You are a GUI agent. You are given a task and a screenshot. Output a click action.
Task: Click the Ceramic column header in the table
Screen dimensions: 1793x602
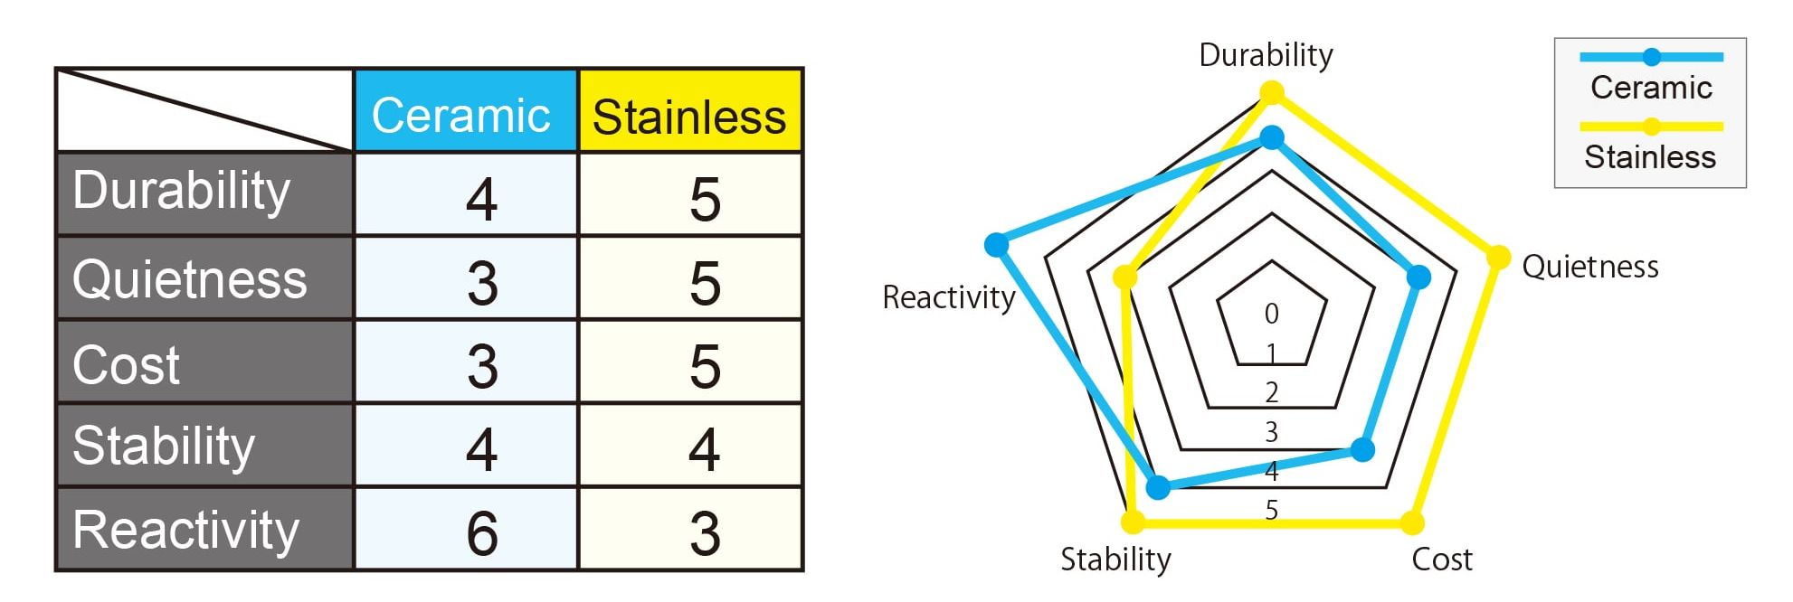pos(460,116)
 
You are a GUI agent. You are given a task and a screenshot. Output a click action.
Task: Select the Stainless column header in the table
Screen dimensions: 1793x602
pos(689,118)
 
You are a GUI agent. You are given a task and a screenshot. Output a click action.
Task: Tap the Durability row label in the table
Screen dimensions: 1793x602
pos(181,191)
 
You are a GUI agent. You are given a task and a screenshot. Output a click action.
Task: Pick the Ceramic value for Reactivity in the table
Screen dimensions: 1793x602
pos(482,532)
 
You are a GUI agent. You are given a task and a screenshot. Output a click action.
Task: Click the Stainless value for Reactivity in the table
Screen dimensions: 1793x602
pos(705,533)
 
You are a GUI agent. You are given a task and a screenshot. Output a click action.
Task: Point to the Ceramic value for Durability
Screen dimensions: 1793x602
pos(482,199)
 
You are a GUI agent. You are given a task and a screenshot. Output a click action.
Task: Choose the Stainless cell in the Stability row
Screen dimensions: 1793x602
pos(705,449)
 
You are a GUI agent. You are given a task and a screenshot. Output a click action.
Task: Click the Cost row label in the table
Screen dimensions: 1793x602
pos(126,365)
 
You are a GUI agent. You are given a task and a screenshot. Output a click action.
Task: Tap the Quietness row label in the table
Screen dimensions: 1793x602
pos(190,278)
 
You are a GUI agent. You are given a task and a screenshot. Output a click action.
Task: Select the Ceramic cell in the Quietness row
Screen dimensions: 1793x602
pos(482,283)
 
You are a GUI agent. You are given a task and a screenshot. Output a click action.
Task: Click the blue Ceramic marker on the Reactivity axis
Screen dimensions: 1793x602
pos(996,244)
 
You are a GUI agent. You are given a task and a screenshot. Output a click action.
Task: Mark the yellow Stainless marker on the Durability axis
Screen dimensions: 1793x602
pos(1272,92)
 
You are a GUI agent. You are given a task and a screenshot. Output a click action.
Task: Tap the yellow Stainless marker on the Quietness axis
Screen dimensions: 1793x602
pos(1499,258)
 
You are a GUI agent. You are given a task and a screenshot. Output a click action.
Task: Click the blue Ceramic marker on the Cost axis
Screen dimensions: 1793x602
pos(1362,449)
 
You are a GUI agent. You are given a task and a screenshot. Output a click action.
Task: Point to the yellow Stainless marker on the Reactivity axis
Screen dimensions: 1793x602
pos(1125,277)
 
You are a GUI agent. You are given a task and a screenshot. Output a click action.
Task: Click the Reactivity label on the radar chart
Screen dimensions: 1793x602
pos(949,297)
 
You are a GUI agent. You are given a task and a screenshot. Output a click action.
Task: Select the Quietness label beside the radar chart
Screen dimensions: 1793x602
pos(1590,267)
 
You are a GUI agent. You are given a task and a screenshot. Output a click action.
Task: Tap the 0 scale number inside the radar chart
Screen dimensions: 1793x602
pos(1272,314)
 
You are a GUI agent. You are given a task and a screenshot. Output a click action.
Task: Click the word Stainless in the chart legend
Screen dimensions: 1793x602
pos(1650,157)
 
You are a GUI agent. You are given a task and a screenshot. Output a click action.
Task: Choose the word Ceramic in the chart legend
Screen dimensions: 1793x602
pos(1651,88)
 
